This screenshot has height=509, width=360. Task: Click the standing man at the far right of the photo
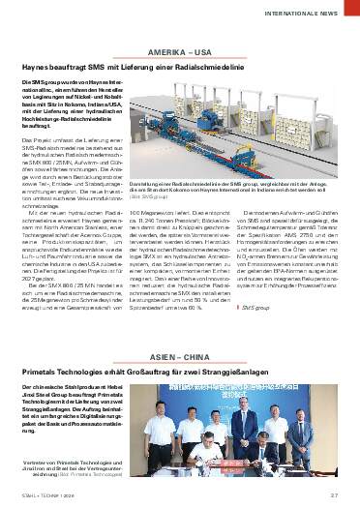pyautogui.click(x=326, y=426)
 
